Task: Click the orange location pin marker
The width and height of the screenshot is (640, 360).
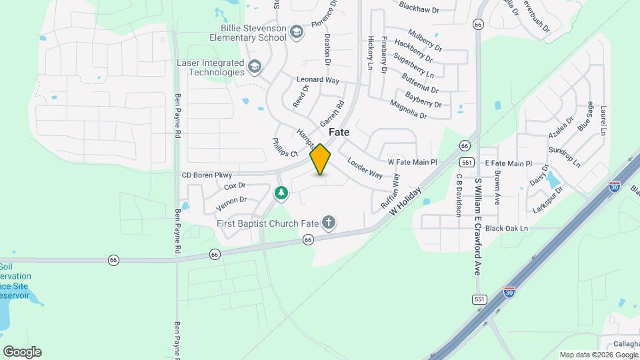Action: pyautogui.click(x=321, y=159)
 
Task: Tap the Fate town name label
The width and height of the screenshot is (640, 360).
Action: pyautogui.click(x=339, y=132)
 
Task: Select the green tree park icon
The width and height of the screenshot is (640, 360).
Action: pyautogui.click(x=281, y=193)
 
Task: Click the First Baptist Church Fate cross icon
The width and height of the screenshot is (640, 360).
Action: pyautogui.click(x=328, y=223)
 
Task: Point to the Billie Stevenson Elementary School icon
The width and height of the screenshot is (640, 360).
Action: pyautogui.click(x=297, y=32)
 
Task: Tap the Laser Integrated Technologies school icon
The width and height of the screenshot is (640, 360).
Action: pyautogui.click(x=254, y=67)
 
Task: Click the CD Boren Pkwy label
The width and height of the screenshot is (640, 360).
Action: pyautogui.click(x=207, y=175)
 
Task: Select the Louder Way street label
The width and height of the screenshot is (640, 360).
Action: pyautogui.click(x=365, y=169)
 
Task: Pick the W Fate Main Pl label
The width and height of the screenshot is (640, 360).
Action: pyautogui.click(x=412, y=162)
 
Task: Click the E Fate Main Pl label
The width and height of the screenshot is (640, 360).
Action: pyautogui.click(x=508, y=163)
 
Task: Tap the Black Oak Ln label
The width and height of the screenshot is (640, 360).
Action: pyautogui.click(x=506, y=228)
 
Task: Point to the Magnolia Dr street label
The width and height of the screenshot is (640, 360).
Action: pyautogui.click(x=408, y=110)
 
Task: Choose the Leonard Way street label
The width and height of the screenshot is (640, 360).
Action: pyautogui.click(x=318, y=80)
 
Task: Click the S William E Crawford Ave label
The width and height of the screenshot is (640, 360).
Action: pyautogui.click(x=477, y=227)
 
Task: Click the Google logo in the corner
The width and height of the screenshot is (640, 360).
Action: pyautogui.click(x=22, y=351)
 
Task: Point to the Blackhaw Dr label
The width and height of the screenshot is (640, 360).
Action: pyautogui.click(x=419, y=10)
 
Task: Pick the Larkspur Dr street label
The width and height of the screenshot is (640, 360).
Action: pyautogui.click(x=549, y=198)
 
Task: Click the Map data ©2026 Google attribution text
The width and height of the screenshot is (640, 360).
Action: pyautogui.click(x=598, y=355)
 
